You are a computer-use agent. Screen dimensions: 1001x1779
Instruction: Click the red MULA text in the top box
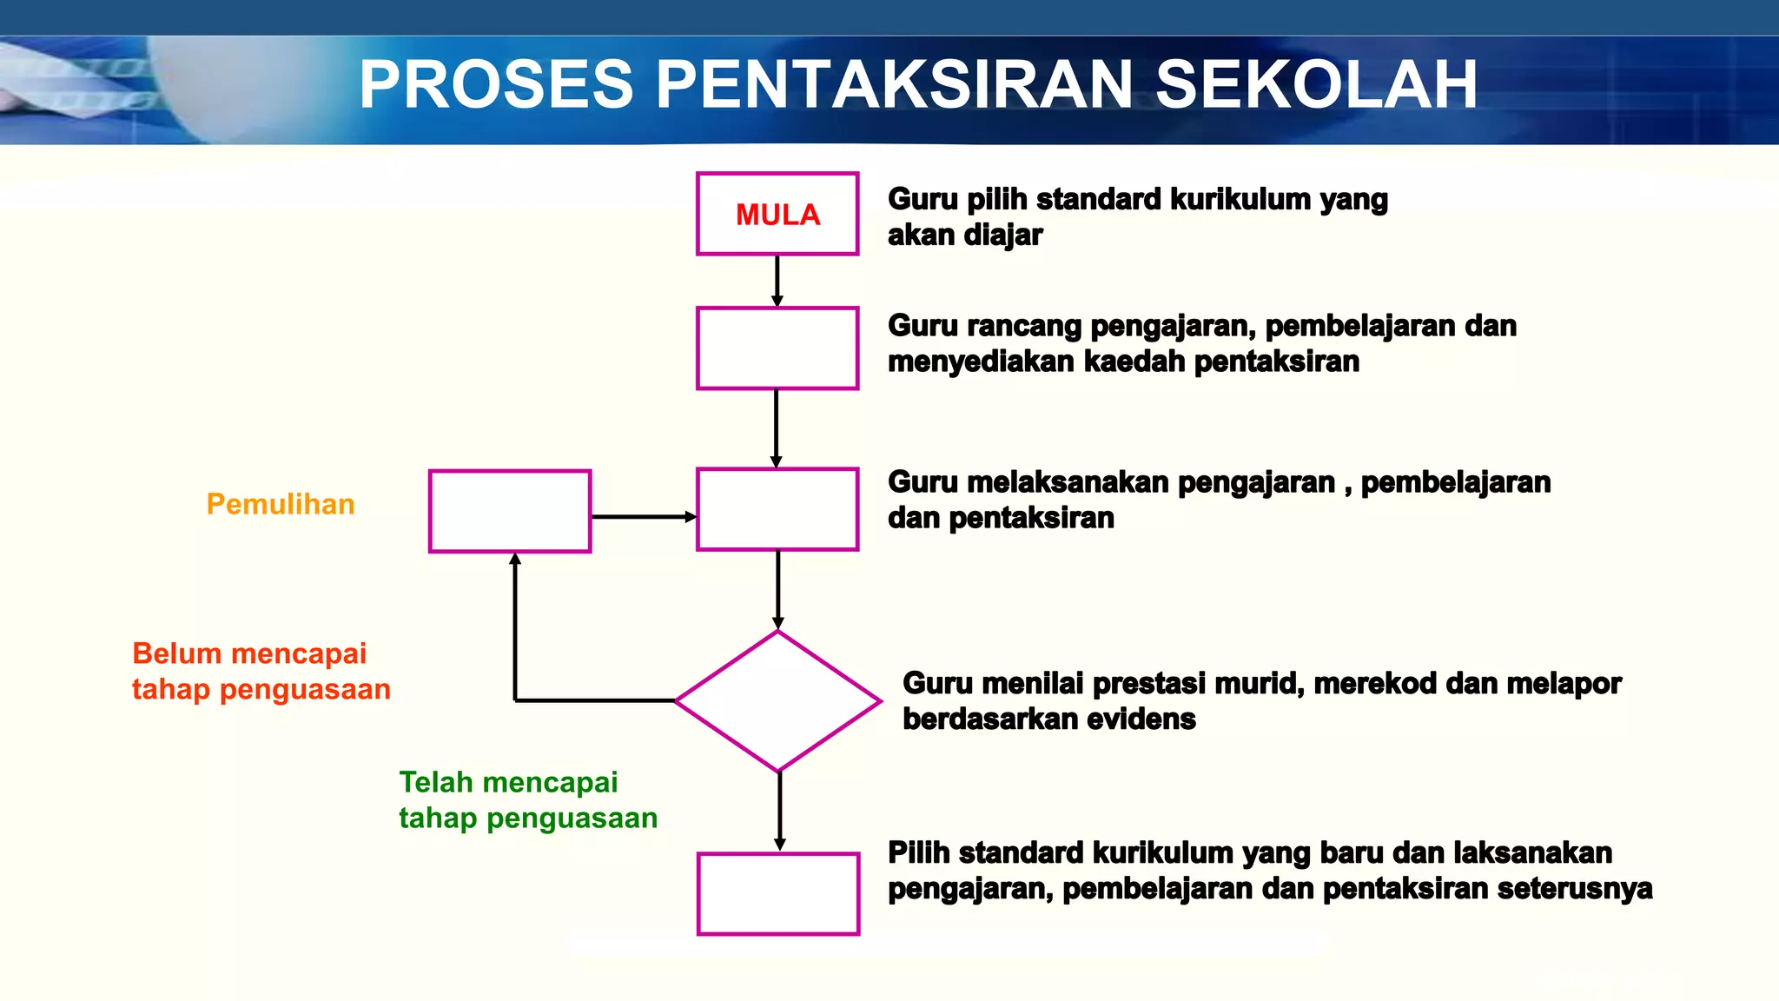point(777,215)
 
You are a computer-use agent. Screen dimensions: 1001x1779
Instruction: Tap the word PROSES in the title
point(496,85)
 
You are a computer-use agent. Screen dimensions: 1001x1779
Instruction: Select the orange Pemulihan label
point(281,504)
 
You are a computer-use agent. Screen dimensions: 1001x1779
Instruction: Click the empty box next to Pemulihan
point(510,511)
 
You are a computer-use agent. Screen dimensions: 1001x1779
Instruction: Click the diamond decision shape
point(778,701)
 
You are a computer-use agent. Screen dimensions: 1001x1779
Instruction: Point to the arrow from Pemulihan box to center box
point(643,517)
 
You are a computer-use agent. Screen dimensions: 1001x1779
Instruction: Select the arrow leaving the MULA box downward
point(777,280)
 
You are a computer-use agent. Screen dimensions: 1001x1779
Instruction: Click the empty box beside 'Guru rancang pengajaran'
point(777,348)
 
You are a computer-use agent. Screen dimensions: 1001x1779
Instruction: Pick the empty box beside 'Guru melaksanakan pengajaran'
point(777,509)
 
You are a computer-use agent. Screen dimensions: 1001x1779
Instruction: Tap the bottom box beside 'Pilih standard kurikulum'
point(778,893)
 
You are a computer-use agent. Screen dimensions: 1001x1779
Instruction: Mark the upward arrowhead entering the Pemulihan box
point(515,561)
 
